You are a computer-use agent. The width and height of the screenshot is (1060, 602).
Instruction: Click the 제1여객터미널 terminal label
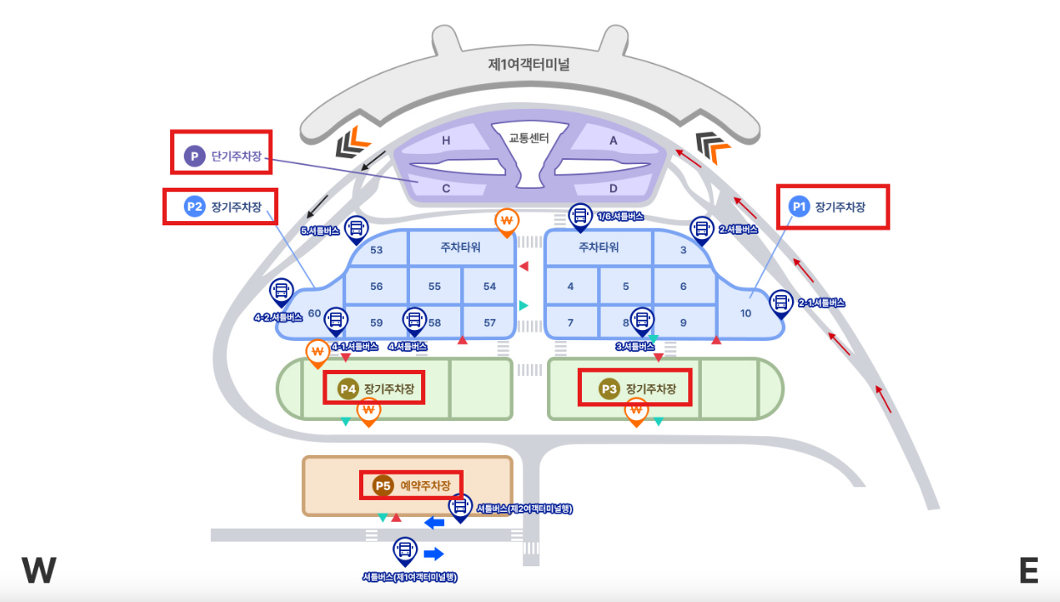tap(528, 64)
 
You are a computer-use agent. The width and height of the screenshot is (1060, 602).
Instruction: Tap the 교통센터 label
tap(529, 137)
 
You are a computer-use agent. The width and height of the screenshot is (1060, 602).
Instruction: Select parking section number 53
tap(376, 249)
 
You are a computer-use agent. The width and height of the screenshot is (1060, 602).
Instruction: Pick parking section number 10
tap(746, 313)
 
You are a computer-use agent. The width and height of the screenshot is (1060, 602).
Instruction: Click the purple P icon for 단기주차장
tap(195, 156)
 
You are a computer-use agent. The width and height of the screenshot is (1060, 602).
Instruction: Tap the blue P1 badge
tap(799, 206)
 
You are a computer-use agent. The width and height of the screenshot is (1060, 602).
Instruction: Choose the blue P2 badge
tap(195, 207)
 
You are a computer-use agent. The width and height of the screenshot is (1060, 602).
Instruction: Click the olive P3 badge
tap(609, 389)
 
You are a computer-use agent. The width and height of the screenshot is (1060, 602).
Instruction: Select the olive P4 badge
tap(347, 389)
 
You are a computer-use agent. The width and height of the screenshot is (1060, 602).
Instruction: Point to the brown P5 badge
tap(383, 486)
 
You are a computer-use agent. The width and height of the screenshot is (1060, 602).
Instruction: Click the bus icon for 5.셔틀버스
tap(356, 227)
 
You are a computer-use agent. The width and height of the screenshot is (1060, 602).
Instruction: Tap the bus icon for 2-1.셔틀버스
tap(781, 301)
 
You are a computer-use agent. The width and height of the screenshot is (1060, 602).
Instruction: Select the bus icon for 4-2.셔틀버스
tap(281, 292)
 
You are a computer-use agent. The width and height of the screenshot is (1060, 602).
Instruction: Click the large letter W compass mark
tap(39, 571)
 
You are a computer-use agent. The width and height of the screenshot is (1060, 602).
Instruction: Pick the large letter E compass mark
tap(1029, 571)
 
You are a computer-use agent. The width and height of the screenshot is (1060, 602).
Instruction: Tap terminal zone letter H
tap(446, 141)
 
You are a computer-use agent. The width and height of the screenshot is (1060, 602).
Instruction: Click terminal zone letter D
tap(613, 188)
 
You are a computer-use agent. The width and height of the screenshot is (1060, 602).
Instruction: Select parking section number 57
tap(489, 322)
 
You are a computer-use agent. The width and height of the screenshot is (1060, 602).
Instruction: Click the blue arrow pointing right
tap(434, 554)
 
